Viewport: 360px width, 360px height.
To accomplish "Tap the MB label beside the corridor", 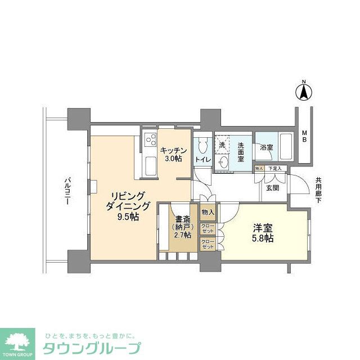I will (x=304, y=137).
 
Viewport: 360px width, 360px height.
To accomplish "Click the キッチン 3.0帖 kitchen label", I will (x=171, y=154).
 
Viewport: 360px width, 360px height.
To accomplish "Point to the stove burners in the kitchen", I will (x=150, y=141).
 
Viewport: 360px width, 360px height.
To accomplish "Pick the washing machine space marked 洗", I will (x=222, y=145).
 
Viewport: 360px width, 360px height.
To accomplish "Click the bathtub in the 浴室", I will (x=285, y=147).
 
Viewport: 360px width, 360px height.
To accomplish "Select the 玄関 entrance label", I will (x=273, y=188).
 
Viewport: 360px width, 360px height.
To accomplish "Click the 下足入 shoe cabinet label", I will (x=274, y=168).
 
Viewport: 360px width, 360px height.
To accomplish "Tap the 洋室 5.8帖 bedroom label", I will (x=263, y=233).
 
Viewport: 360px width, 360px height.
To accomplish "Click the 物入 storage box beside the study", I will (x=208, y=212).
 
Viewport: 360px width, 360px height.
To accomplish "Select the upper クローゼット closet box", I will (x=208, y=228).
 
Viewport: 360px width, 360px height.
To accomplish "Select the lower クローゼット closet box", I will (x=208, y=245).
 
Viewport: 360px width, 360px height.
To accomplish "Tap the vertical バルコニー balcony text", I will (x=67, y=191).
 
